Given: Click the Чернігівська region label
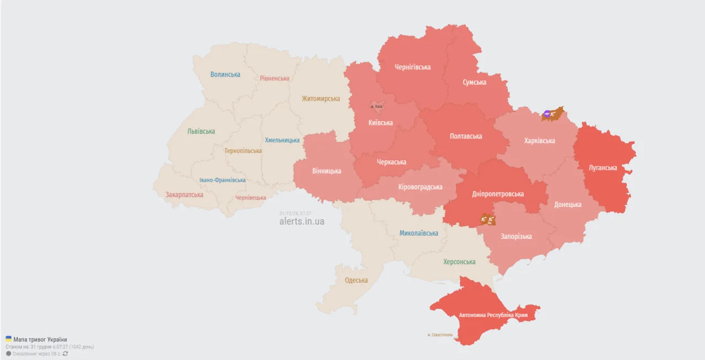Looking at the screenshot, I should point(413,67).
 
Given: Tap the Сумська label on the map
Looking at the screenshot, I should point(474,82).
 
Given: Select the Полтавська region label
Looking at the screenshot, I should point(465,136).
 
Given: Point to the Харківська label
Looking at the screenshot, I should point(539,140).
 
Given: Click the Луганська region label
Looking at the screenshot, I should point(603,167).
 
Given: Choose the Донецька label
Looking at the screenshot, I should point(567,204).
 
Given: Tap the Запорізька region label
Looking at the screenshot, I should point(516,236).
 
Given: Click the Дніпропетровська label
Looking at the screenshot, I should point(498,194).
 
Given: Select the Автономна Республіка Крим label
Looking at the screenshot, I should point(493,315).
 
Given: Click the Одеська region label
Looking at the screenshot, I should point(356,280).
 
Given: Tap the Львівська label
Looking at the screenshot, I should point(201,131).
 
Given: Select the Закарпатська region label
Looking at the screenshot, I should point(184,194).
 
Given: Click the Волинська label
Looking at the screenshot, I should point(225,74).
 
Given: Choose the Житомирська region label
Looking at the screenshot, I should point(321,99).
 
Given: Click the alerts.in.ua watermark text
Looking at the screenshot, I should point(302,221).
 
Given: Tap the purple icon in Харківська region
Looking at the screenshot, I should point(547,114).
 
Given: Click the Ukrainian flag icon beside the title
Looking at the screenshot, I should point(8,339).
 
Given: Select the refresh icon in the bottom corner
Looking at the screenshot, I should point(66,353).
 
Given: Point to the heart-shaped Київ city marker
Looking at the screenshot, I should point(377,106).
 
